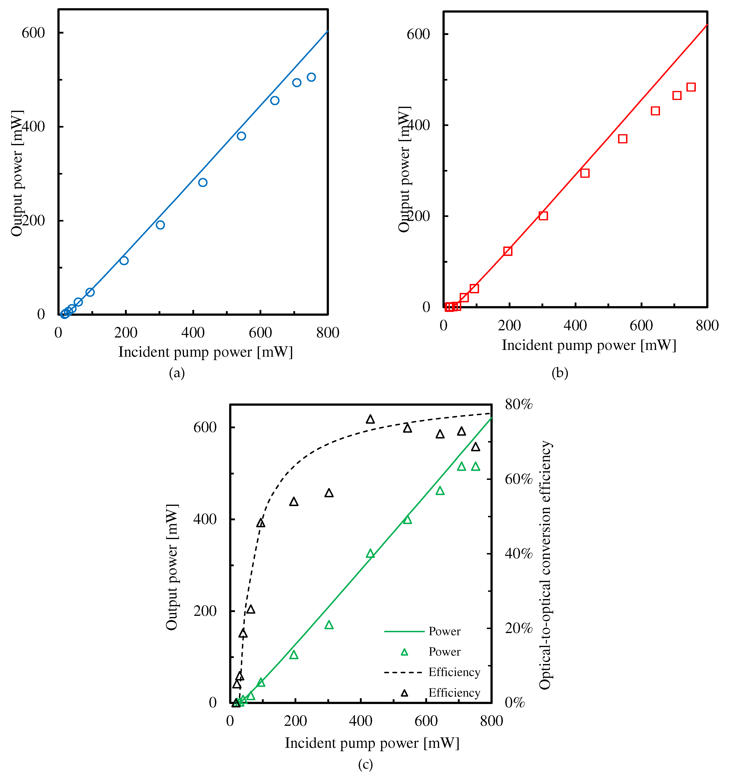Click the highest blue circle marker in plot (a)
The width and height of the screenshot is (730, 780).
point(311,77)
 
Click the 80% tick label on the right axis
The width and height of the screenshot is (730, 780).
point(519,404)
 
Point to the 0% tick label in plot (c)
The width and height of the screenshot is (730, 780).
point(515,703)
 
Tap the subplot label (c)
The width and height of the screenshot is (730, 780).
point(365,764)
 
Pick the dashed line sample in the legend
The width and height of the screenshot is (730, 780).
point(404,672)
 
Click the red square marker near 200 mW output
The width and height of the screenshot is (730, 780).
point(543,216)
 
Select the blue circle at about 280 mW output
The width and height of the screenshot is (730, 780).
point(203,182)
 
